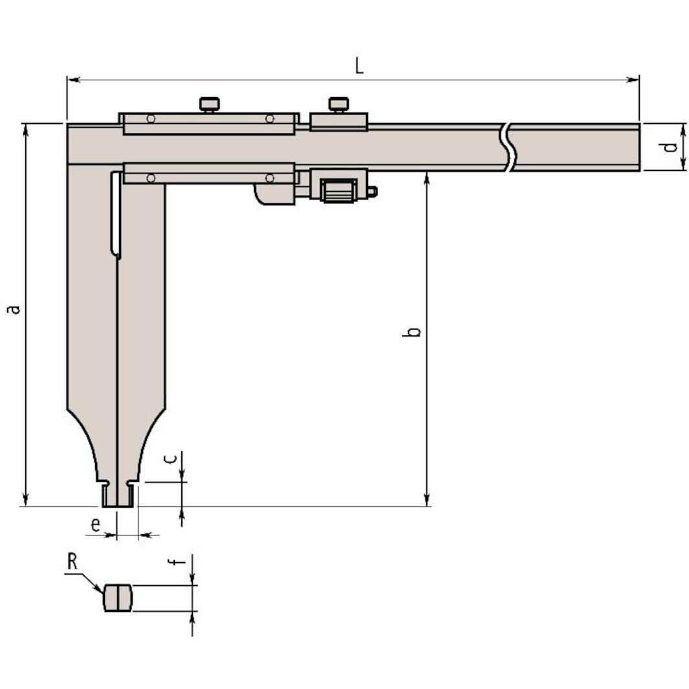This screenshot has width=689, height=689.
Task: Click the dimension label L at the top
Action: [x=359, y=65]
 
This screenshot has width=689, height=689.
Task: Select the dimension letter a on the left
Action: [x=13, y=308]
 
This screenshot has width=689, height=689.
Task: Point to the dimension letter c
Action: [x=170, y=458]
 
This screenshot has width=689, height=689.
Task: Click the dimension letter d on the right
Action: [x=672, y=147]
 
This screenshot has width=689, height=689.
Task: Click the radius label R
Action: [x=72, y=561]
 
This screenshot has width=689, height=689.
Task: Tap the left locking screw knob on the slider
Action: [x=209, y=104]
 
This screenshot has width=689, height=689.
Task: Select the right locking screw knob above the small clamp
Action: [x=339, y=104]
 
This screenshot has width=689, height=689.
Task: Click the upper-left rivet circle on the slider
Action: [x=150, y=119]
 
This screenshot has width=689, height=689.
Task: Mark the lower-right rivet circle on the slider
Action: [x=269, y=177]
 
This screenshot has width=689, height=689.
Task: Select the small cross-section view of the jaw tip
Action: [x=118, y=597]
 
